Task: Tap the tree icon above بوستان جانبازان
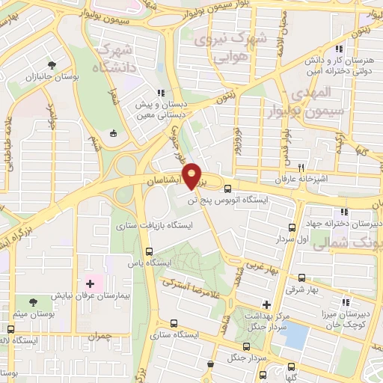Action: coord(52,64)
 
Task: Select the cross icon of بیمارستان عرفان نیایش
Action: coord(91,284)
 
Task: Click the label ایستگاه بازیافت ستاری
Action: coord(154,224)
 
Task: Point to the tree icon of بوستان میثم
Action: coord(10,328)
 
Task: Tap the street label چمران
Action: coord(97,337)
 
